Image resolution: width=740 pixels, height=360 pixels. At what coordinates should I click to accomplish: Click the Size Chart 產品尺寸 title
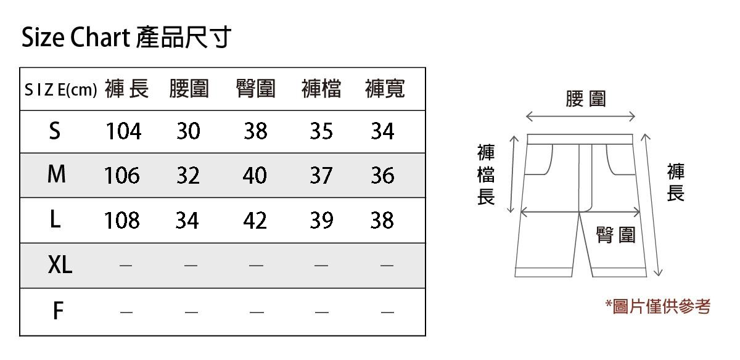click(126, 38)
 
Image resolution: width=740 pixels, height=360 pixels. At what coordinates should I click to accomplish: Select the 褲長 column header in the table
click(126, 89)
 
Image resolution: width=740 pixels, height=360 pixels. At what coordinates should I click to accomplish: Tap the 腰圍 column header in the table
click(189, 89)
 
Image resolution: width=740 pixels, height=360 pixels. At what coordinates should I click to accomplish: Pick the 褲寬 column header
click(385, 89)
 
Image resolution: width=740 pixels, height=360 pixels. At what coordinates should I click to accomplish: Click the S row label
click(55, 131)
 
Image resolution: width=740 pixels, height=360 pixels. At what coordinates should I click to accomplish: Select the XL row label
click(60, 266)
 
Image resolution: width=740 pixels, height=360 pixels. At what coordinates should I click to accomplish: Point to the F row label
click(57, 311)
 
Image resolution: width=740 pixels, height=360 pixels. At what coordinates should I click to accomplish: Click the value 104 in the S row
click(123, 131)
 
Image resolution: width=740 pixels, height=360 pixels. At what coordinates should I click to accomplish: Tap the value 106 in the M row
click(121, 176)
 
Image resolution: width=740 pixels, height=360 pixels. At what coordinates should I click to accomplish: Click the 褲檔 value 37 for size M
click(321, 176)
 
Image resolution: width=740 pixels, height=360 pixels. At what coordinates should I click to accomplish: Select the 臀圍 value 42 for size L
click(255, 221)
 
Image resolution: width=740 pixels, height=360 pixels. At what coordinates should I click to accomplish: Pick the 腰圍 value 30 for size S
click(188, 131)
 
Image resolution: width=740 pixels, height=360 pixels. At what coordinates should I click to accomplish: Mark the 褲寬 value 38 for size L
click(382, 221)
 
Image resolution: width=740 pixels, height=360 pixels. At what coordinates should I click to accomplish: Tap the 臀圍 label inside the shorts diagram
click(615, 235)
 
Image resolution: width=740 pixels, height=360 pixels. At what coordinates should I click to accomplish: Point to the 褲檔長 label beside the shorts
click(487, 176)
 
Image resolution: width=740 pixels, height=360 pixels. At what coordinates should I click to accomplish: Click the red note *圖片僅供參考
click(657, 306)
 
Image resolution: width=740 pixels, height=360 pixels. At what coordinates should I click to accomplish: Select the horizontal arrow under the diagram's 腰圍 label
click(580, 117)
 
